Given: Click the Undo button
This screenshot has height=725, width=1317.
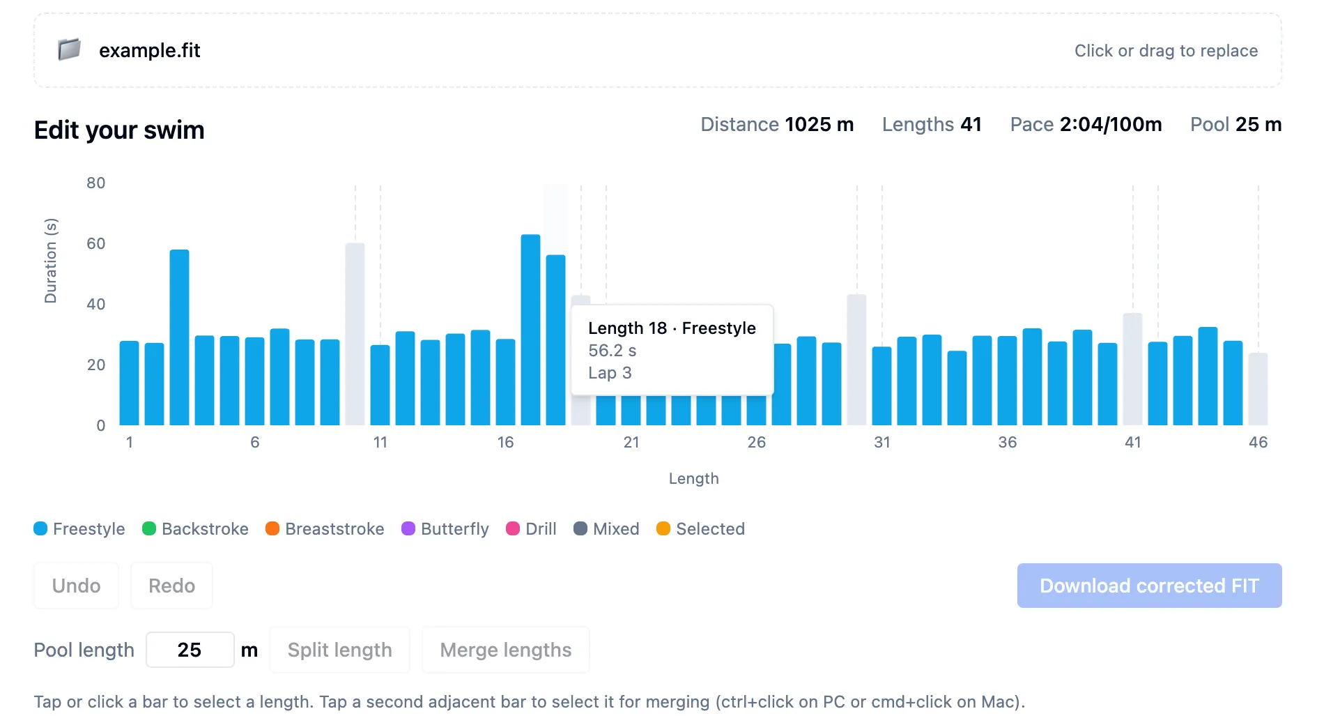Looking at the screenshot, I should coord(76,586).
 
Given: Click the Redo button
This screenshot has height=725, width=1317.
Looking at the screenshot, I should coord(171,586).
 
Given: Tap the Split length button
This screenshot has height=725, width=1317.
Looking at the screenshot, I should coord(339,650).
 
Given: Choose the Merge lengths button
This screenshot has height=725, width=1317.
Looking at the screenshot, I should coord(505,650).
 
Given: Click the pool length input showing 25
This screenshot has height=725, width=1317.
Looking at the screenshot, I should coord(190,650).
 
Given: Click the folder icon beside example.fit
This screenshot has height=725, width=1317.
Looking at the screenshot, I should coord(69,49).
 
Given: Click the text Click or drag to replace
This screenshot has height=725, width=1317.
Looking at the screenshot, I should coord(1165,51).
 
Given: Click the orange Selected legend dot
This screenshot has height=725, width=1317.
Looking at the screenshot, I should coord(663,529).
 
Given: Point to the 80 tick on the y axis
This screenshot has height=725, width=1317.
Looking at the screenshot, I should coord(96,183).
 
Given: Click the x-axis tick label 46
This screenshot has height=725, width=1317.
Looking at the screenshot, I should coord(1258,443).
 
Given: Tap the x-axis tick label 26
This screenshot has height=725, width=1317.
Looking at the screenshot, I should coord(756,443).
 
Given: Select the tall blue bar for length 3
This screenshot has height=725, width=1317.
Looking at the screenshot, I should coord(179,338).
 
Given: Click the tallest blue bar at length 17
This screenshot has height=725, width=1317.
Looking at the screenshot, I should coord(530,331).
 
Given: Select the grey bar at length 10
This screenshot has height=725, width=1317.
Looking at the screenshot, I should coord(355,335).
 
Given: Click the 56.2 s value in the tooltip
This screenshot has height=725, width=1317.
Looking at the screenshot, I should coord(612,351).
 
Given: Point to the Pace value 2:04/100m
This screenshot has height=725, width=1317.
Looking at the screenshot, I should coord(1110,125).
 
